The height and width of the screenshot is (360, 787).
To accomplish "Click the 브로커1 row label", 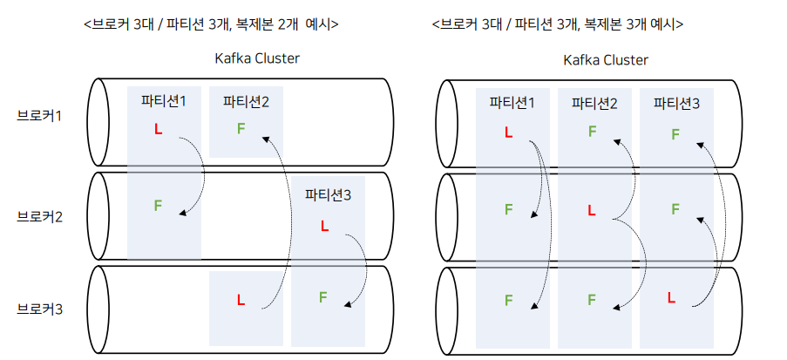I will click(x=39, y=115).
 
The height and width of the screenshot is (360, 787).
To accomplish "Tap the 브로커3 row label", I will click(x=39, y=309).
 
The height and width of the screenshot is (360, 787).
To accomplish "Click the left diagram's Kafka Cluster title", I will click(x=257, y=58).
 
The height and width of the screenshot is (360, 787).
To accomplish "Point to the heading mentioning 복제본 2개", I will click(x=211, y=24).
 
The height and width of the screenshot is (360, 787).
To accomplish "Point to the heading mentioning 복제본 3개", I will click(x=558, y=24).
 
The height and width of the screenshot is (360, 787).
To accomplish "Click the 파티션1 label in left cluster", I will click(x=164, y=100).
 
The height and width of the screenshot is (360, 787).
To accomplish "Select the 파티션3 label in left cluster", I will click(x=328, y=195).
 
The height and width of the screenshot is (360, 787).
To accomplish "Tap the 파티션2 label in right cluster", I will click(x=594, y=104).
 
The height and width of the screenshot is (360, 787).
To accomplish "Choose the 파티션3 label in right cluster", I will click(x=676, y=104).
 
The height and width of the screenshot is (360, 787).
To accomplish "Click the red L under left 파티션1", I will click(x=158, y=130).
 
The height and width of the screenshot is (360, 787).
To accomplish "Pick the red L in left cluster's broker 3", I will click(x=241, y=301).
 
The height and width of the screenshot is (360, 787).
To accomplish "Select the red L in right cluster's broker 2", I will click(x=592, y=210).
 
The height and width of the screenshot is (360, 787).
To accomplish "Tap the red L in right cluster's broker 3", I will click(x=671, y=298).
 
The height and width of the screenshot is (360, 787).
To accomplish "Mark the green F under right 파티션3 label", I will click(x=675, y=134).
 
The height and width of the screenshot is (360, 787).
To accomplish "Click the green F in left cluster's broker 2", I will click(x=158, y=206).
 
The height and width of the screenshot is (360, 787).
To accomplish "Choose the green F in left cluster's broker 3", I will click(x=322, y=297).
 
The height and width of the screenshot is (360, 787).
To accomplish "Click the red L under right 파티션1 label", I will click(x=508, y=132).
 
